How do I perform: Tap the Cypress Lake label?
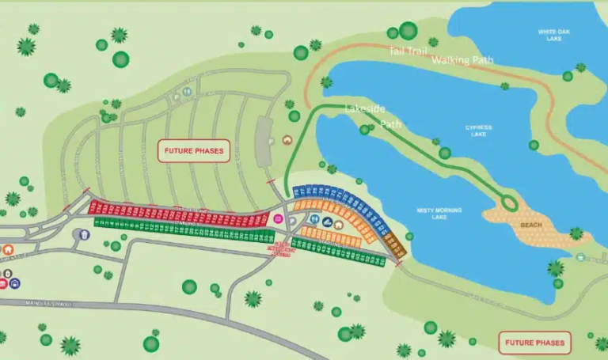(x=478, y=131)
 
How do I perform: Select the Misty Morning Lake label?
(x=439, y=214)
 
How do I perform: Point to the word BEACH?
(x=531, y=225)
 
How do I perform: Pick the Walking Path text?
(x=462, y=60)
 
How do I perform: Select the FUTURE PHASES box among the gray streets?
(x=193, y=150)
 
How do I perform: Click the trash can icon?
(x=83, y=235)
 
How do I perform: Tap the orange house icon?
(x=8, y=250)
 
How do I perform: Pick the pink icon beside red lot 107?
(x=278, y=218)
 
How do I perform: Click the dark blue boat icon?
(x=327, y=222)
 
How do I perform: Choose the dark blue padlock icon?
(x=14, y=282)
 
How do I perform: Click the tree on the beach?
(x=576, y=234)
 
